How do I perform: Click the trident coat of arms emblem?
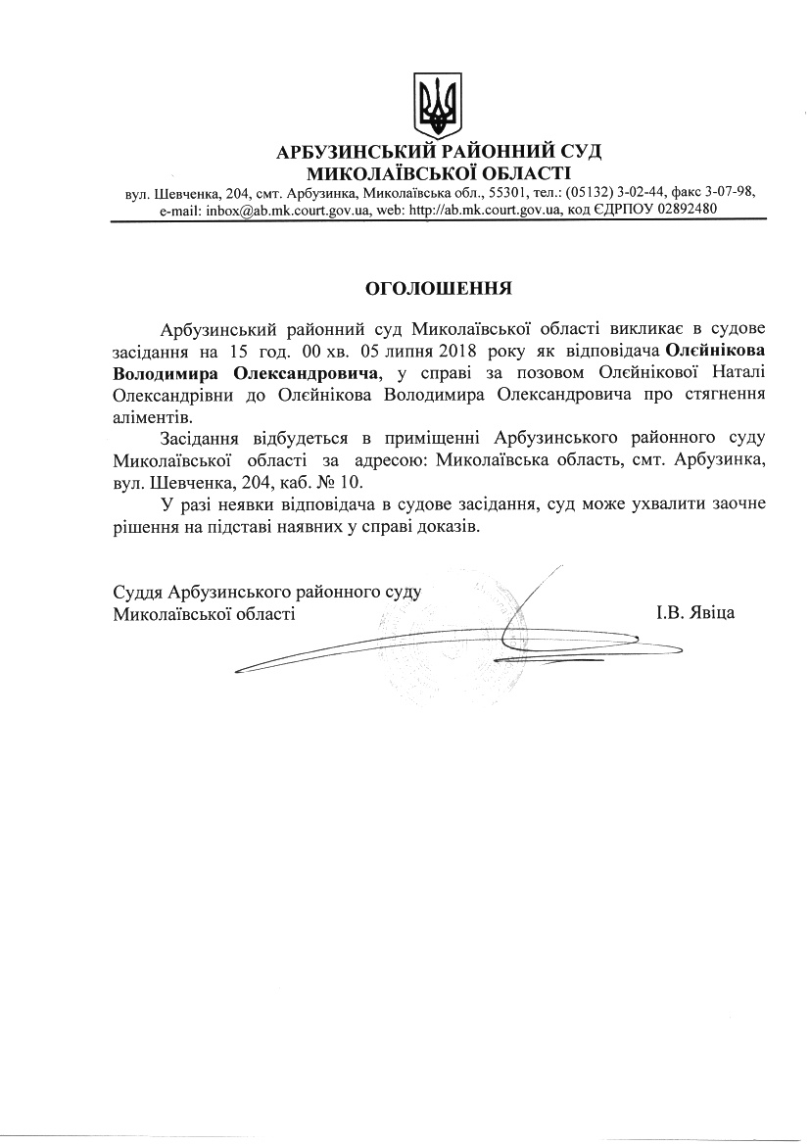coord(438,104)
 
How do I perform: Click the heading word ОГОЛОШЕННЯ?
coord(438,289)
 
